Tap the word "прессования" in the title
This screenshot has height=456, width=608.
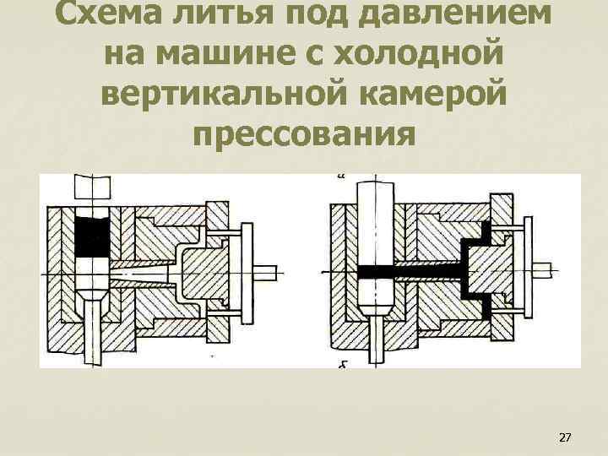pos(304,132)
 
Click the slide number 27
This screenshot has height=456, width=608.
pos(566,437)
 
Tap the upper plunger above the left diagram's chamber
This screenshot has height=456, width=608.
pos(92,186)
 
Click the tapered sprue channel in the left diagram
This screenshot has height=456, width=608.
pos(139,272)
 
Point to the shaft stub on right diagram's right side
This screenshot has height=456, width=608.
pos(546,270)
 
